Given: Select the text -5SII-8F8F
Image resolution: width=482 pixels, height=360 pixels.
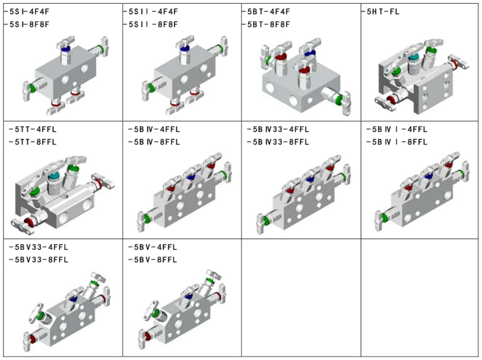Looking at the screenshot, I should [x=150, y=24].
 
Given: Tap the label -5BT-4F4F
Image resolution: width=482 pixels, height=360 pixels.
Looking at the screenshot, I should [x=266, y=12].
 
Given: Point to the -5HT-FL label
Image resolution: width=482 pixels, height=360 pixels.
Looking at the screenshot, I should [x=381, y=12].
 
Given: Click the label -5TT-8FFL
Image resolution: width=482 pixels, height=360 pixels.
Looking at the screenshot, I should [x=33, y=142].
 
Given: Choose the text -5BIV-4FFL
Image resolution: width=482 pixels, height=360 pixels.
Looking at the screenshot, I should [x=154, y=129].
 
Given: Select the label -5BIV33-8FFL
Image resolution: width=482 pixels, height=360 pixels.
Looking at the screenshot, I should [x=278, y=142].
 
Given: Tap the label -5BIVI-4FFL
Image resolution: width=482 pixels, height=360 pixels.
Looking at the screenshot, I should [x=397, y=129].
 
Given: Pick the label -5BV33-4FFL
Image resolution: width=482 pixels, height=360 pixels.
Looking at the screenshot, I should [x=39, y=247].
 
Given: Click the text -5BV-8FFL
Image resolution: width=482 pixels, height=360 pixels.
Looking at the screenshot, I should [x=153, y=259].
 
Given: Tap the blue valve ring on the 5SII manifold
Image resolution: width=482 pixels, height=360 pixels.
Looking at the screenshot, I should [x=185, y=48].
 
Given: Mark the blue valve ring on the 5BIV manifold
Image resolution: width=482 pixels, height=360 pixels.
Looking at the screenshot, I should [x=190, y=177].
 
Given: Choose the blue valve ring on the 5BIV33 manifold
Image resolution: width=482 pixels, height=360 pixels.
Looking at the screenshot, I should [x=310, y=179].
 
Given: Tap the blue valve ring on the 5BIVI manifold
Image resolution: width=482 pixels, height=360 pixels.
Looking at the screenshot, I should [x=428, y=177].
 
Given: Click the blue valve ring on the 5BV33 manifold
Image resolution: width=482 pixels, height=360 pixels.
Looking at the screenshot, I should [x=73, y=299].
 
